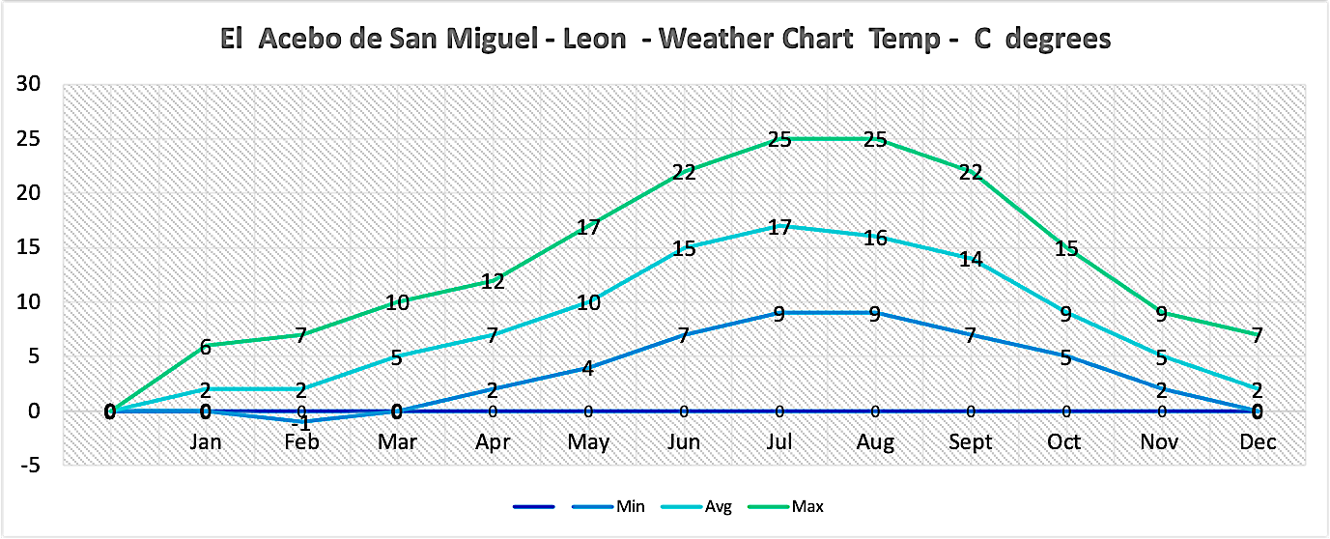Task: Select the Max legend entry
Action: click(x=806, y=506)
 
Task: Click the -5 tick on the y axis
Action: click(x=31, y=466)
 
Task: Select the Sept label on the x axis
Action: click(x=971, y=441)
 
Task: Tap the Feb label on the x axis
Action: click(x=301, y=441)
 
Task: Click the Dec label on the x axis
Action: click(x=1259, y=441)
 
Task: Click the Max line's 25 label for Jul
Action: click(x=779, y=139)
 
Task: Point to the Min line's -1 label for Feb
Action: click(x=301, y=424)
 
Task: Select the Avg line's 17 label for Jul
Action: click(x=779, y=227)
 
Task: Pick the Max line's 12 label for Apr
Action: click(x=493, y=281)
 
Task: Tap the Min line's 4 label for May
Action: click(x=588, y=368)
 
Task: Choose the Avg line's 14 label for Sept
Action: click(x=971, y=259)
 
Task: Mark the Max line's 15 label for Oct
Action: click(x=1066, y=248)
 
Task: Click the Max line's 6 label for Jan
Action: click(x=206, y=346)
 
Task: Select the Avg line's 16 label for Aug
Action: click(x=875, y=238)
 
